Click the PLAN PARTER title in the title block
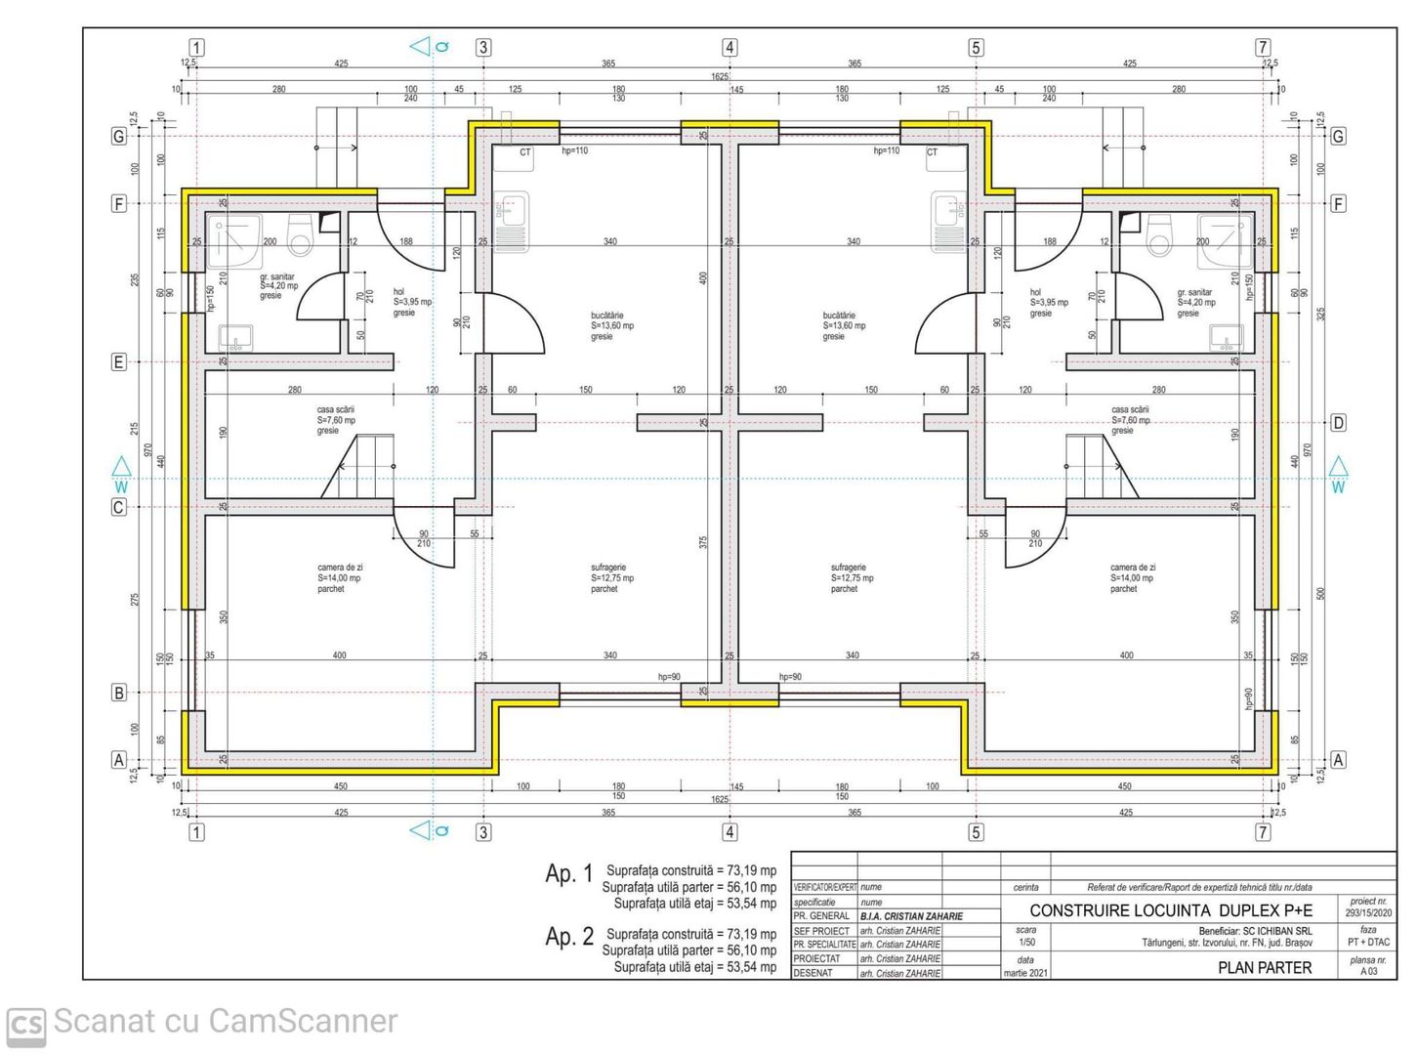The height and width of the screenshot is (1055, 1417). pos(1264,967)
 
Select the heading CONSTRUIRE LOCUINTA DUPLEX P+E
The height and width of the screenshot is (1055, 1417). pos(1170,910)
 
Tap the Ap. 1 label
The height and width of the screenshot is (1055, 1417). pos(568,873)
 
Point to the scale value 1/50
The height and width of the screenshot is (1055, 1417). pos(1026,943)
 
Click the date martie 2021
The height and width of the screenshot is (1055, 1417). pos(1025,973)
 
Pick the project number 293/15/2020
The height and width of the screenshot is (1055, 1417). pos(1367,913)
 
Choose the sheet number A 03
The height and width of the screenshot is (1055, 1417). pos(1368,972)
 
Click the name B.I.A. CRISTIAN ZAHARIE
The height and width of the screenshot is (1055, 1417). pos(910,916)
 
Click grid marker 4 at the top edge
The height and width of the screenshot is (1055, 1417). pos(729,48)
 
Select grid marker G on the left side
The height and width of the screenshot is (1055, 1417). pos(119,137)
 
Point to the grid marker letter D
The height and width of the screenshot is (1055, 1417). pos(1338,423)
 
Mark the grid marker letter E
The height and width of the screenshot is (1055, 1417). pos(119,362)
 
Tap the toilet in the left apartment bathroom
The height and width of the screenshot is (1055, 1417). pos(301,235)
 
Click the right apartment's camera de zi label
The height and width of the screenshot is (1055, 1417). pos(1132,577)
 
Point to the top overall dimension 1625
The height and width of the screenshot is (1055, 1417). pos(719,76)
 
